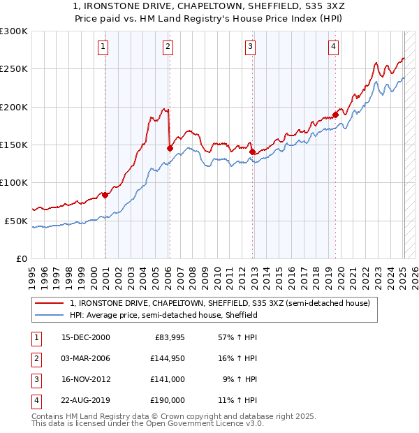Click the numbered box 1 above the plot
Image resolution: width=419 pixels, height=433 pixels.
(103, 47)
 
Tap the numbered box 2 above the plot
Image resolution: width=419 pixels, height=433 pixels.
(168, 47)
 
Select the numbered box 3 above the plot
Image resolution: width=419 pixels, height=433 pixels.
(250, 47)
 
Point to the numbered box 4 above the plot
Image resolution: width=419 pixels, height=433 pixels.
(334, 47)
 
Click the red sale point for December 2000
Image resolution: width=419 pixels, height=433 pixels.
(105, 196)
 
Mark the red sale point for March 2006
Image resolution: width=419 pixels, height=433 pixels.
(170, 148)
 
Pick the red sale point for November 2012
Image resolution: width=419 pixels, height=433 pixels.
(252, 151)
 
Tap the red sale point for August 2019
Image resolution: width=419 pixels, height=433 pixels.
(335, 115)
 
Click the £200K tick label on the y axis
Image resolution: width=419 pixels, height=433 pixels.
(14, 107)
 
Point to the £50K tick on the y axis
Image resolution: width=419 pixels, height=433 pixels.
(16, 221)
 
